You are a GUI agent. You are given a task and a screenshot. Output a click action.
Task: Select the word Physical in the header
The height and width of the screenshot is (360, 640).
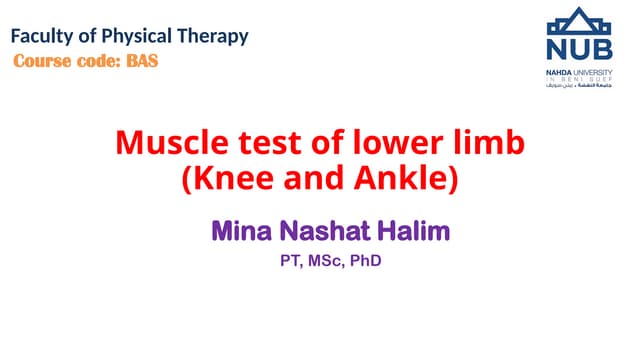point(138,38)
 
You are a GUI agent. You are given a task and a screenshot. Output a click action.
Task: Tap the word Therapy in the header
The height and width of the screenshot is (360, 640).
point(213,38)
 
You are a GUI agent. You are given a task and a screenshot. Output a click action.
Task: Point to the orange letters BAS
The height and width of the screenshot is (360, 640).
point(141,60)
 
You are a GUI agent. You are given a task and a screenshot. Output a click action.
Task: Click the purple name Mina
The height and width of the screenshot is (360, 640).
point(239,232)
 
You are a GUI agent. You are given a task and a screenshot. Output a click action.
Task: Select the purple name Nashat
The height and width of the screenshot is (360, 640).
point(321,232)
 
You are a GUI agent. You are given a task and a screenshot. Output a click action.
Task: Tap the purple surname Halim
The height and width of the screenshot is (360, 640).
point(412,232)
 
